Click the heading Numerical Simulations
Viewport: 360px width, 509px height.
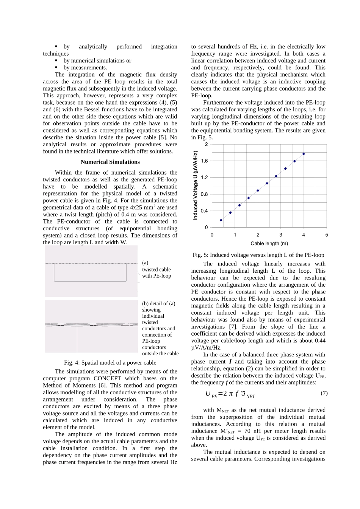(x=110, y=162)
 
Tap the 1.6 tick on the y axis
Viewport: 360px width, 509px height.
(x=204, y=161)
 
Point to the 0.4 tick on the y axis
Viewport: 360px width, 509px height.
(x=204, y=211)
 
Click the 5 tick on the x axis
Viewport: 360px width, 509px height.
(x=326, y=235)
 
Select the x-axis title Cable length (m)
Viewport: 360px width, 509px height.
(x=269, y=244)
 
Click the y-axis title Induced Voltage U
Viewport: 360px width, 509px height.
(x=196, y=186)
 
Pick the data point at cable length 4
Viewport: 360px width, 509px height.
(x=304, y=154)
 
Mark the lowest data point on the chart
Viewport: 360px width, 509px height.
(x=221, y=220)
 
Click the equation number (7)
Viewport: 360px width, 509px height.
(x=324, y=393)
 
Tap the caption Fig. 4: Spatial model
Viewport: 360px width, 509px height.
(x=110, y=362)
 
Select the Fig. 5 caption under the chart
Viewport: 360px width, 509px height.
(x=258, y=255)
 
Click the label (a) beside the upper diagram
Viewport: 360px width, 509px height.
(x=145, y=262)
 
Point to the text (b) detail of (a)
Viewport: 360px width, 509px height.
(x=158, y=303)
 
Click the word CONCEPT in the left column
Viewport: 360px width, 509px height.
(x=107, y=378)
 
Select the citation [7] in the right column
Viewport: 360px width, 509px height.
(x=232, y=326)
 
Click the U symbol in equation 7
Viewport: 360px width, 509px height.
(x=208, y=393)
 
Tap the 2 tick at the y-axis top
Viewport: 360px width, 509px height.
(x=207, y=144)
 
